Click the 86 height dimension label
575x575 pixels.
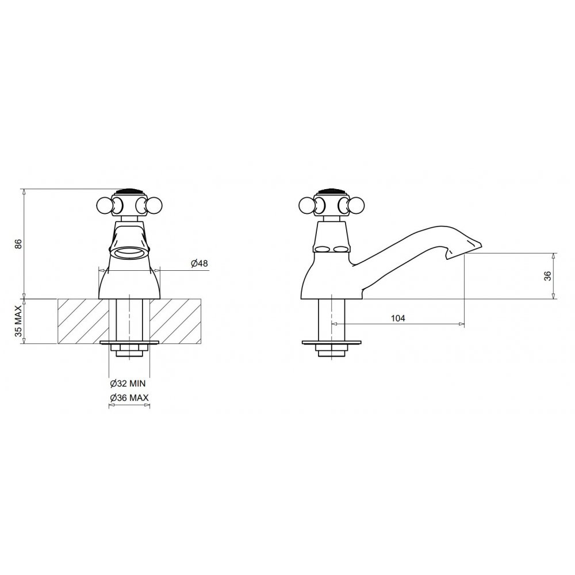coord(18,244)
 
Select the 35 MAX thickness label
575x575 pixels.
coord(18,321)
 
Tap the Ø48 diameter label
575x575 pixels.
coord(199,263)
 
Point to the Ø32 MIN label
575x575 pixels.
coord(128,384)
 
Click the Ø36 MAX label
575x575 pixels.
coord(129,398)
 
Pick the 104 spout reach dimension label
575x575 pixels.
coord(398,319)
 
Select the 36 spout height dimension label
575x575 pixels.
coord(547,276)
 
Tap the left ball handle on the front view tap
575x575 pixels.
coord(104,205)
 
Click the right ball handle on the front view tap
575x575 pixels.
coord(154,205)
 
